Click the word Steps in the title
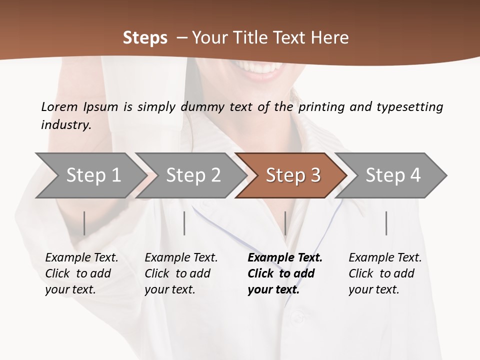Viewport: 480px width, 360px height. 145,38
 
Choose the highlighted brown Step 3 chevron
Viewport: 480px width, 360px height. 293,175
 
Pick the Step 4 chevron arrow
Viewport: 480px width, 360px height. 393,175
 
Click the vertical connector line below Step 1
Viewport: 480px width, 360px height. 84,223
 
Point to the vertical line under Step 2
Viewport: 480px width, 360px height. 184,223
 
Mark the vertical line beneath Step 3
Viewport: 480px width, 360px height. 285,223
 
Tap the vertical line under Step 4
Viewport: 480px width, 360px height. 386,223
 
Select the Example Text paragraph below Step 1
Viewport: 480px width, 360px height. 81,273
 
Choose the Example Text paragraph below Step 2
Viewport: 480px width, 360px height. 181,273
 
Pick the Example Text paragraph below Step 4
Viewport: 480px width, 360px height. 385,273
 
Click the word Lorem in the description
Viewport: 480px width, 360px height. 59,106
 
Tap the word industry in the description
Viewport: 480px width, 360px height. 66,124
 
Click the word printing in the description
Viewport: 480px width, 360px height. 321,107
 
